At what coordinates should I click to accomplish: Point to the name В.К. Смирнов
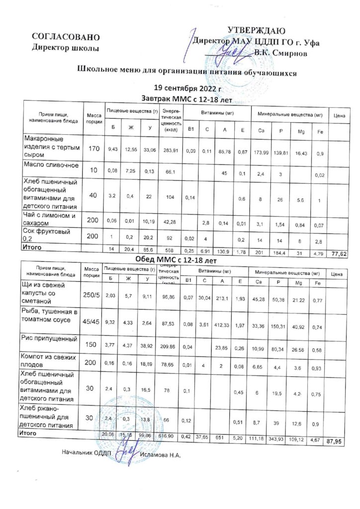(280, 51)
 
